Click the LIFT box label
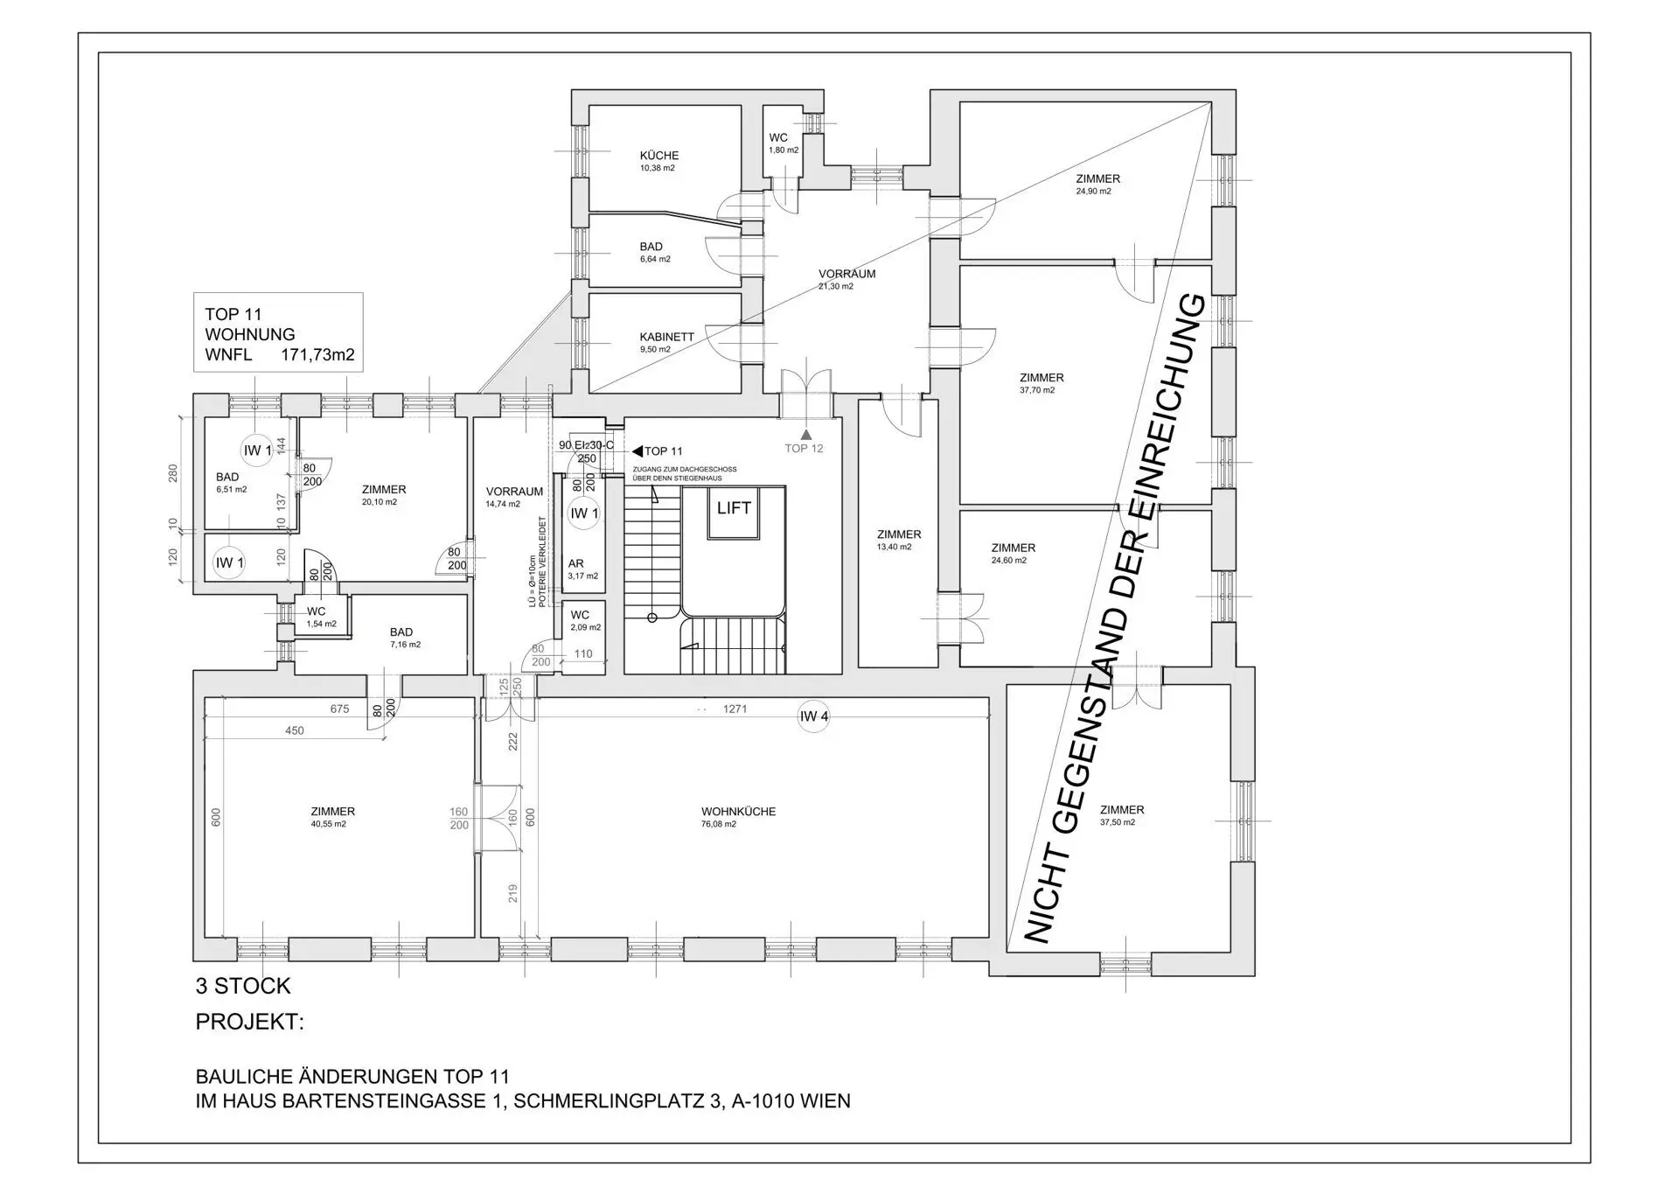point(734,508)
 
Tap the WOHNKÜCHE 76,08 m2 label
point(737,817)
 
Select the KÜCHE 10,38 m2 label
point(658,161)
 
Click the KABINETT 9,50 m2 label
point(666,342)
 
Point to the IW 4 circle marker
point(813,716)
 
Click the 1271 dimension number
point(735,709)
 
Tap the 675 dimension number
point(339,709)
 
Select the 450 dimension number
point(294,730)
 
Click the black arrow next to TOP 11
point(637,451)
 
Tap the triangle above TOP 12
point(805,434)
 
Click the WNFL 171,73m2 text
point(279,355)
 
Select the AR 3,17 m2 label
point(582,569)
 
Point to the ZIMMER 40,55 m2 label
point(332,817)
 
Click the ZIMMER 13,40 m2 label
point(898,540)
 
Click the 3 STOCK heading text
point(242,986)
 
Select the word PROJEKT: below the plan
point(249,1022)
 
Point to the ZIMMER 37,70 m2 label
point(1041,383)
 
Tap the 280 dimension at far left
point(172,473)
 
